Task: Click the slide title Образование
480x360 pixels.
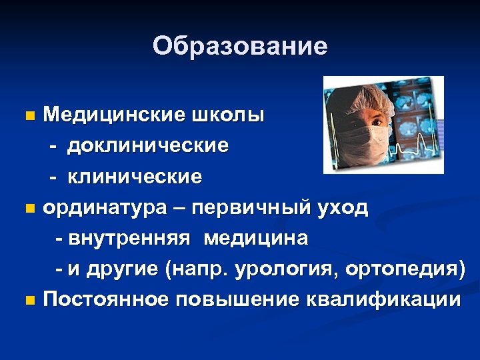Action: [x=240, y=46]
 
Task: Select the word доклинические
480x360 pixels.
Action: [x=147, y=145]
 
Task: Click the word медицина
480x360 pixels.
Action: [x=256, y=238]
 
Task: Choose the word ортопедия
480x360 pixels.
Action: [x=410, y=269]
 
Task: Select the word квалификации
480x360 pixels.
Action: [x=383, y=300]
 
